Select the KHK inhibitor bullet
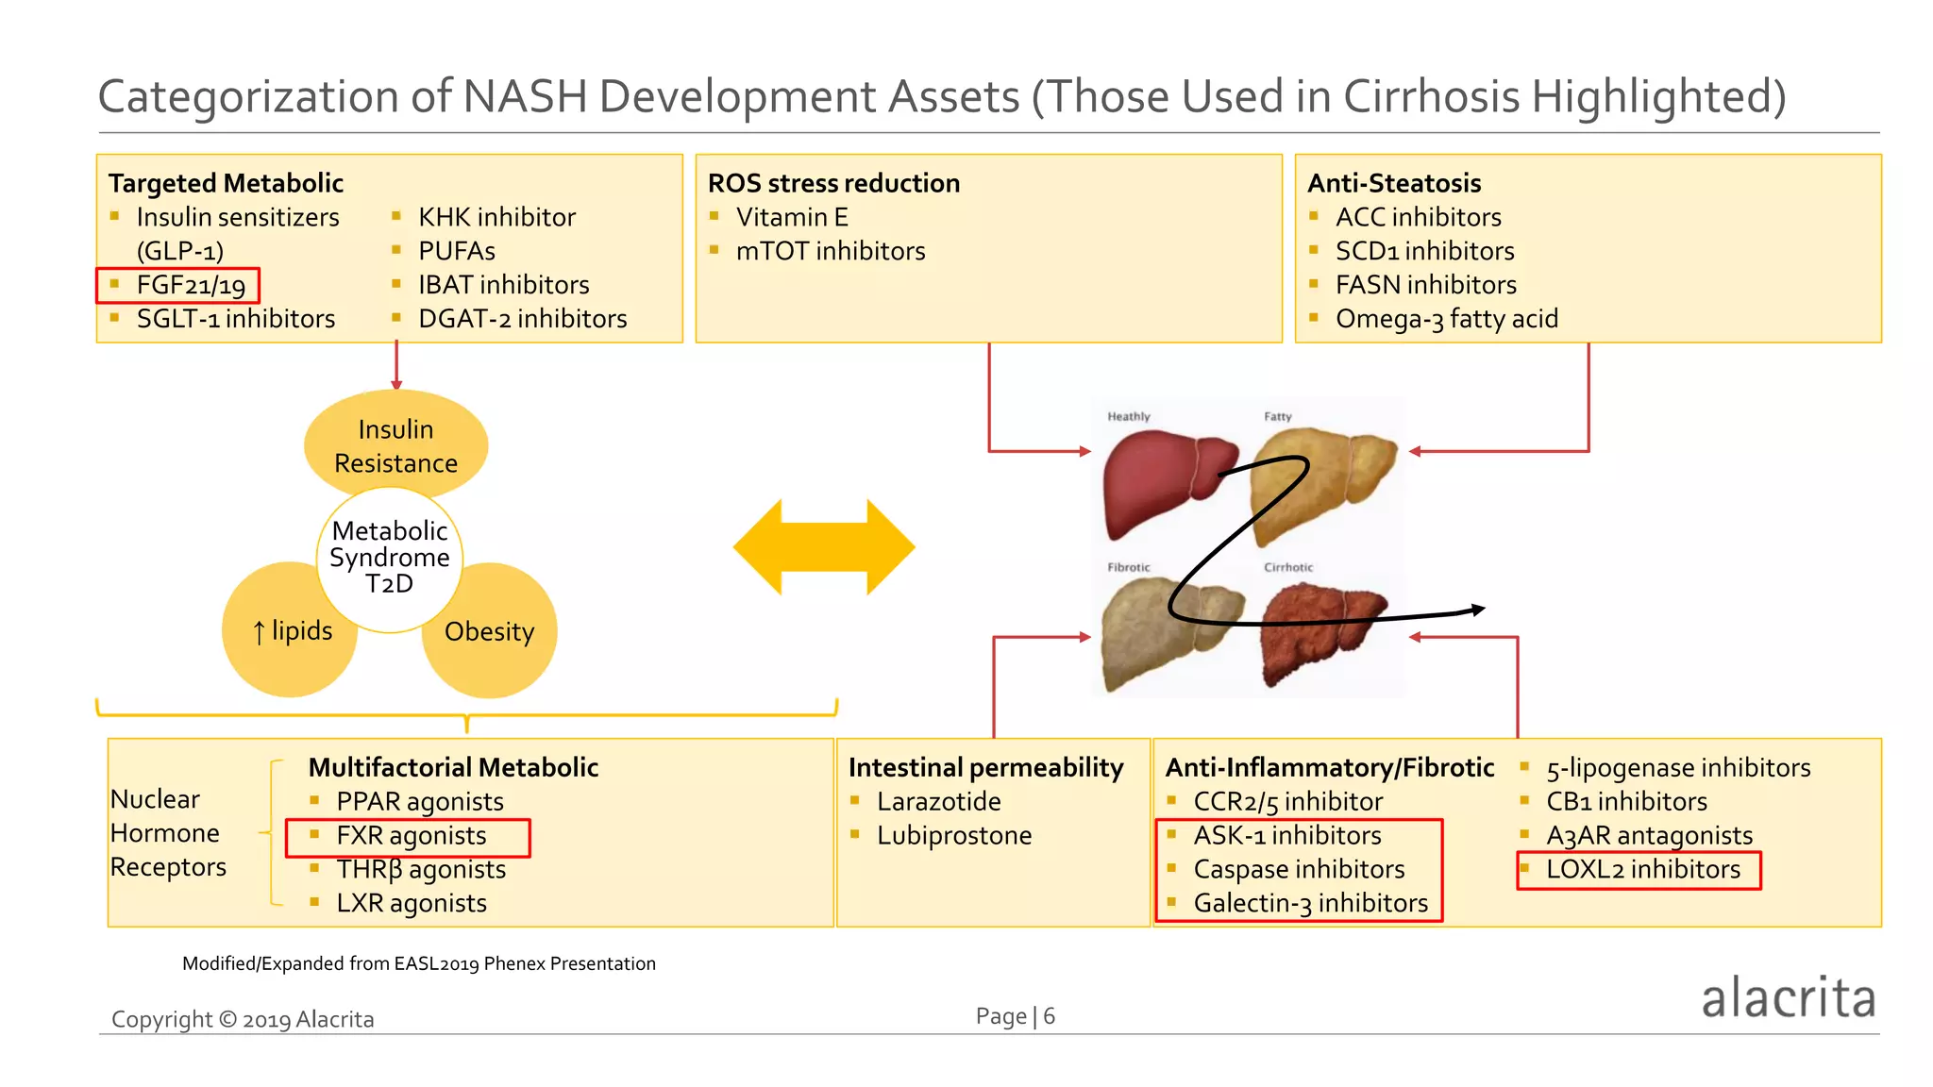pos(496,217)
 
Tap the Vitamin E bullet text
pos(791,217)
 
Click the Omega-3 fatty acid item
pos(1446,319)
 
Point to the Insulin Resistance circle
pos(395,445)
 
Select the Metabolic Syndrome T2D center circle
pos(390,558)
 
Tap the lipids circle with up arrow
pos(291,630)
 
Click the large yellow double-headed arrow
pos(824,547)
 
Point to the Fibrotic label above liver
pos(1129,567)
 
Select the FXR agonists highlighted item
pos(411,836)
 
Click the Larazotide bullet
pos(938,802)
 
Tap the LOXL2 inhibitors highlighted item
pos(1642,870)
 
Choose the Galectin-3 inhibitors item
pos(1310,904)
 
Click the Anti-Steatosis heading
pos(1394,183)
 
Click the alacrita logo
pos(1788,998)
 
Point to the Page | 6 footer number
pos(1016,1016)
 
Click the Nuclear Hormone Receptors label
pos(168,833)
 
